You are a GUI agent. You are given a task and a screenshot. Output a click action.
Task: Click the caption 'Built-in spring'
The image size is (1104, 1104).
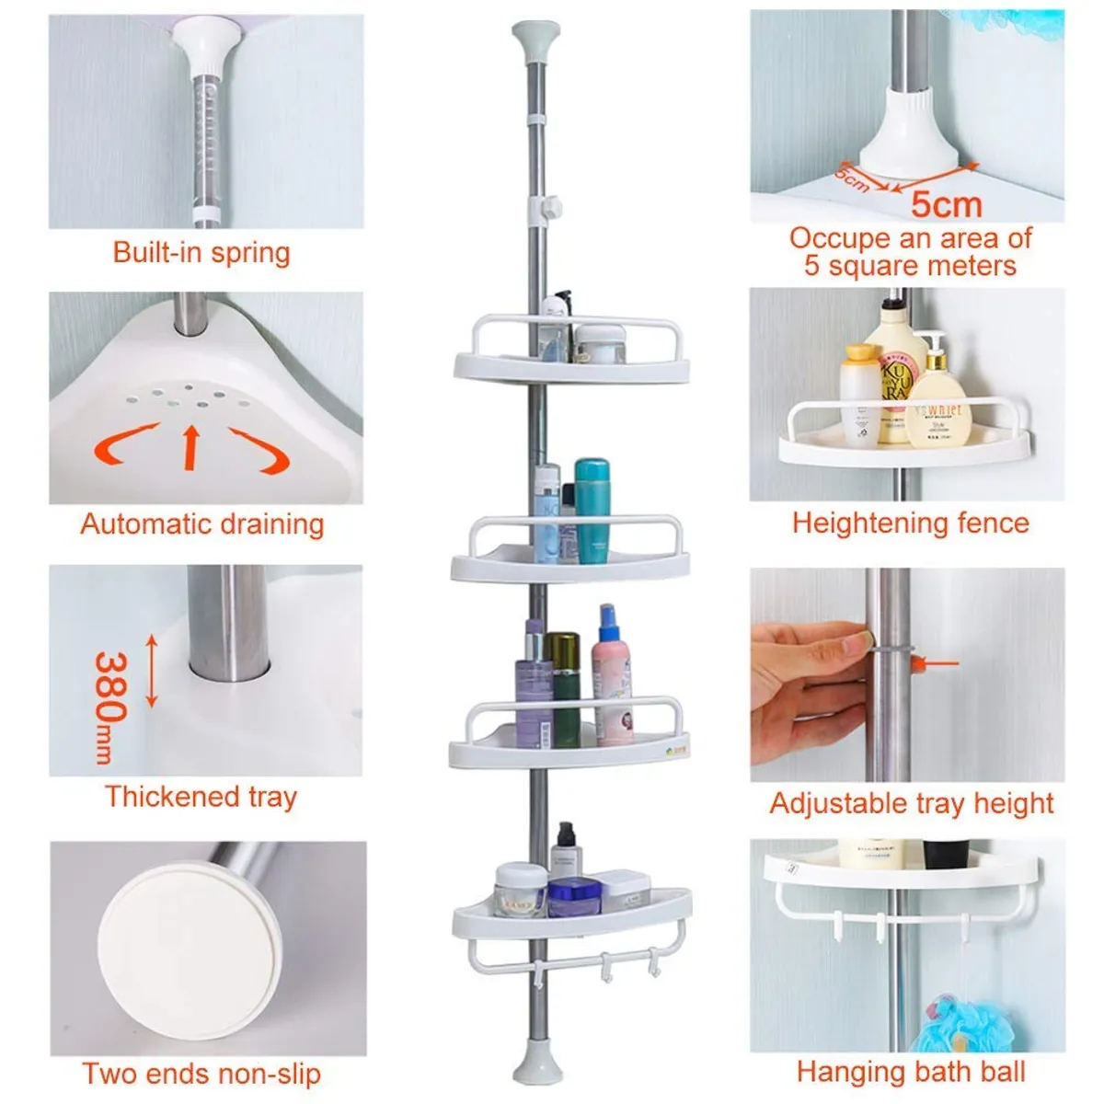coord(201,252)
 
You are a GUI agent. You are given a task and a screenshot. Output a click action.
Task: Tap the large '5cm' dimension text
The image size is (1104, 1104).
coord(946,204)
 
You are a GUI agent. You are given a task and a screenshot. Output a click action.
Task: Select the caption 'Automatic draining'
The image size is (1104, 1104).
coord(202,524)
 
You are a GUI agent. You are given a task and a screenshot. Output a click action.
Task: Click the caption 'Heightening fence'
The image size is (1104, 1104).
coord(910,523)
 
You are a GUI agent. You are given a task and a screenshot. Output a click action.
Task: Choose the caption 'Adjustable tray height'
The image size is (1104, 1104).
coord(911,803)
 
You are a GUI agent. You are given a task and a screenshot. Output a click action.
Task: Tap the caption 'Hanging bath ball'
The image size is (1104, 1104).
coord(910,1072)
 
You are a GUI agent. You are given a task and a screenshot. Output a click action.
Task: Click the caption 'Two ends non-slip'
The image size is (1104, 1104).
coord(201,1074)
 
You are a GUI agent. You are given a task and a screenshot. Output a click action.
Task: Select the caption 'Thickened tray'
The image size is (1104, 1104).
coord(201,797)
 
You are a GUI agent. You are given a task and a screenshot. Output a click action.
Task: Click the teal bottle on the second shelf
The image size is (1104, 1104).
coord(592,511)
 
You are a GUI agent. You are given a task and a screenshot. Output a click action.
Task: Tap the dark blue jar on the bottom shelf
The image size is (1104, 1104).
coord(574,897)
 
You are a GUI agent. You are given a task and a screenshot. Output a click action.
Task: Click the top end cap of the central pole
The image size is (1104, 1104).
coord(535,42)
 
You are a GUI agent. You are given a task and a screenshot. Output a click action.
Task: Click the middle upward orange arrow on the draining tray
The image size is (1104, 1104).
coord(191,445)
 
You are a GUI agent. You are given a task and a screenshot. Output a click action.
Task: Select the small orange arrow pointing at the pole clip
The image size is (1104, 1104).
coord(940,661)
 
